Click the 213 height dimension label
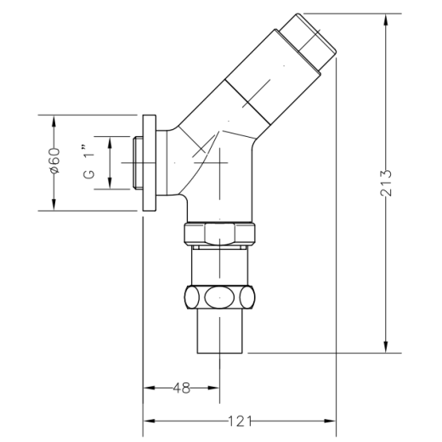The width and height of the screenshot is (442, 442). click(386, 183)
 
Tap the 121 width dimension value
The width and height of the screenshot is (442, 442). click(240, 422)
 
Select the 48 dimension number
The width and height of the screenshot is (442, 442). click(182, 388)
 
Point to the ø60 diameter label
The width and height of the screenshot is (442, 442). click(54, 161)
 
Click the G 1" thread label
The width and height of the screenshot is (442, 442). click(88, 162)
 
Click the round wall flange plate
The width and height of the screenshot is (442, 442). click(150, 163)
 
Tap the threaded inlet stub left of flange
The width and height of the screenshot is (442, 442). click(138, 162)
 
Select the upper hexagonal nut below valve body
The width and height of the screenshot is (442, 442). click(219, 234)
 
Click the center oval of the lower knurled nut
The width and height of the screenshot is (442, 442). click(219, 297)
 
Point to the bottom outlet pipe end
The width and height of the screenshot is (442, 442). click(219, 331)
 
